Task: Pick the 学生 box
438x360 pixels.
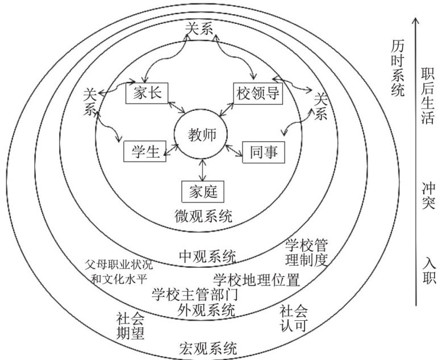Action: (x=144, y=151)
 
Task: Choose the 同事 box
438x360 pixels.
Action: (x=264, y=152)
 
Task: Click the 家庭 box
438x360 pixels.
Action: (x=203, y=191)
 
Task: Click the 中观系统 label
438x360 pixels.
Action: (x=207, y=256)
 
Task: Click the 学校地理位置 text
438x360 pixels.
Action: (x=257, y=280)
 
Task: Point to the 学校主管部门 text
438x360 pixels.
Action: (x=195, y=295)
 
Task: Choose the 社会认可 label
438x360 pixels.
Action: (x=294, y=319)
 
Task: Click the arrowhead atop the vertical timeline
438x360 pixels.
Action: (x=416, y=21)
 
